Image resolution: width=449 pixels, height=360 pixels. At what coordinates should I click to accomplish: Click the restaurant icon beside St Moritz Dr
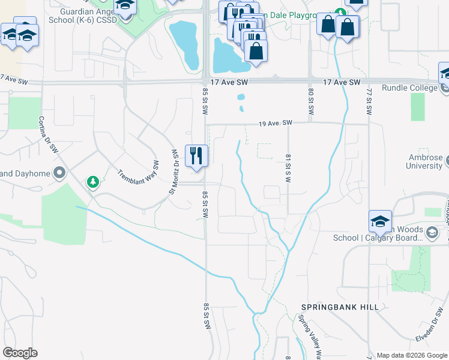click(x=196, y=155)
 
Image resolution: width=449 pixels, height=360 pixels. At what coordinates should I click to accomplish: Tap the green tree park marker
click(x=92, y=181)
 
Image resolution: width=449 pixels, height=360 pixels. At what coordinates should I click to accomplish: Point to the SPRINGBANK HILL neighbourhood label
click(x=340, y=307)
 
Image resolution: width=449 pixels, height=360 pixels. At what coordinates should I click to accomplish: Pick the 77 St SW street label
click(x=369, y=103)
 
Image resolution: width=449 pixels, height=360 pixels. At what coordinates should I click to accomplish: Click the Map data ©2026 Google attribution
click(x=411, y=355)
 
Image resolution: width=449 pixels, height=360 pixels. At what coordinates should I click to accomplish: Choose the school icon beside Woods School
click(x=379, y=223)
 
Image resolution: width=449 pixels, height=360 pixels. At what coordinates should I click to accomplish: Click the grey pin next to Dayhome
click(x=59, y=173)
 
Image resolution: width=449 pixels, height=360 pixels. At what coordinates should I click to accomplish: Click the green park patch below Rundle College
click(x=418, y=107)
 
